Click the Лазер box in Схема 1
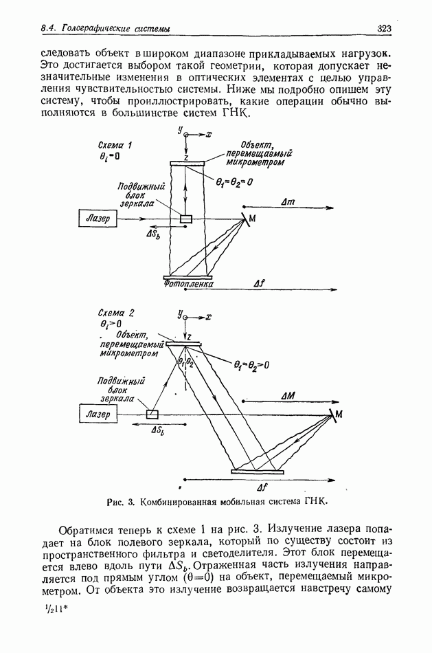pos(96,218)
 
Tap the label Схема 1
pos(115,145)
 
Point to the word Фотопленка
pos(189,283)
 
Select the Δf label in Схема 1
pos(259,283)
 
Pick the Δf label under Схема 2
pos(262,487)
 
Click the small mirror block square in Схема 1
pos(185,219)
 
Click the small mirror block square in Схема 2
pos(152,414)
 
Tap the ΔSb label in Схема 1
pos(153,234)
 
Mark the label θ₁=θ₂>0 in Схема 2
pos(244,366)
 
